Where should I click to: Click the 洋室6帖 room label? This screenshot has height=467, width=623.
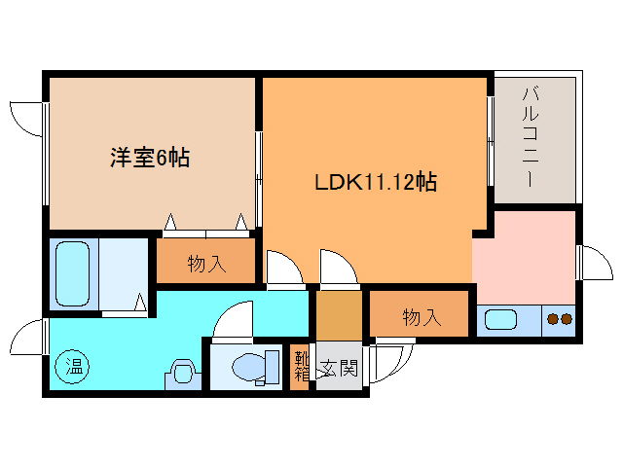(149, 158)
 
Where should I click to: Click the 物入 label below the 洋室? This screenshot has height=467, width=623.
(206, 264)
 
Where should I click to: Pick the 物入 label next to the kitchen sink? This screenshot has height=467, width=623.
(421, 316)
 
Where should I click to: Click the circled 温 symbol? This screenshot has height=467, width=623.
(74, 367)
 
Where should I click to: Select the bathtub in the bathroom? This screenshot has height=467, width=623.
(73, 273)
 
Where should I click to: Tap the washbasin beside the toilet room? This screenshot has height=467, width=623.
(181, 373)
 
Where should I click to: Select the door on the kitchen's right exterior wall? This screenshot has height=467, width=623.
(592, 261)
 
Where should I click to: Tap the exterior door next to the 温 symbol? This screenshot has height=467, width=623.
(27, 341)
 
